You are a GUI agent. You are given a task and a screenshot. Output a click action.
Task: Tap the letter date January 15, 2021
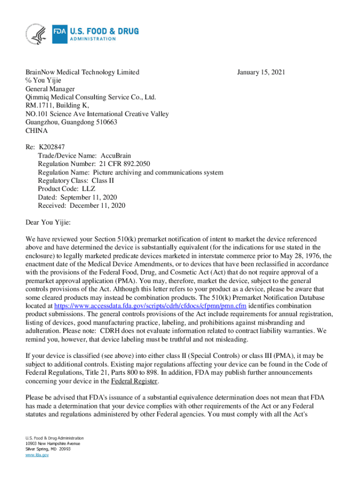coord(261,72)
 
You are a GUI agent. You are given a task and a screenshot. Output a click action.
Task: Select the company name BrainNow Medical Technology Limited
coord(82,72)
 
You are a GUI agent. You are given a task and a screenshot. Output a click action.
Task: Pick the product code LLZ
coord(88,189)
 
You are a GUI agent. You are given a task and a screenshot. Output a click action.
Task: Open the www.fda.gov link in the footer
coord(37,454)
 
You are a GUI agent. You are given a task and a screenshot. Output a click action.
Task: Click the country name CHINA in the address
coord(36,131)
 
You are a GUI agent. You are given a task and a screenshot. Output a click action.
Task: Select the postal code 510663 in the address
coord(106,122)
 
